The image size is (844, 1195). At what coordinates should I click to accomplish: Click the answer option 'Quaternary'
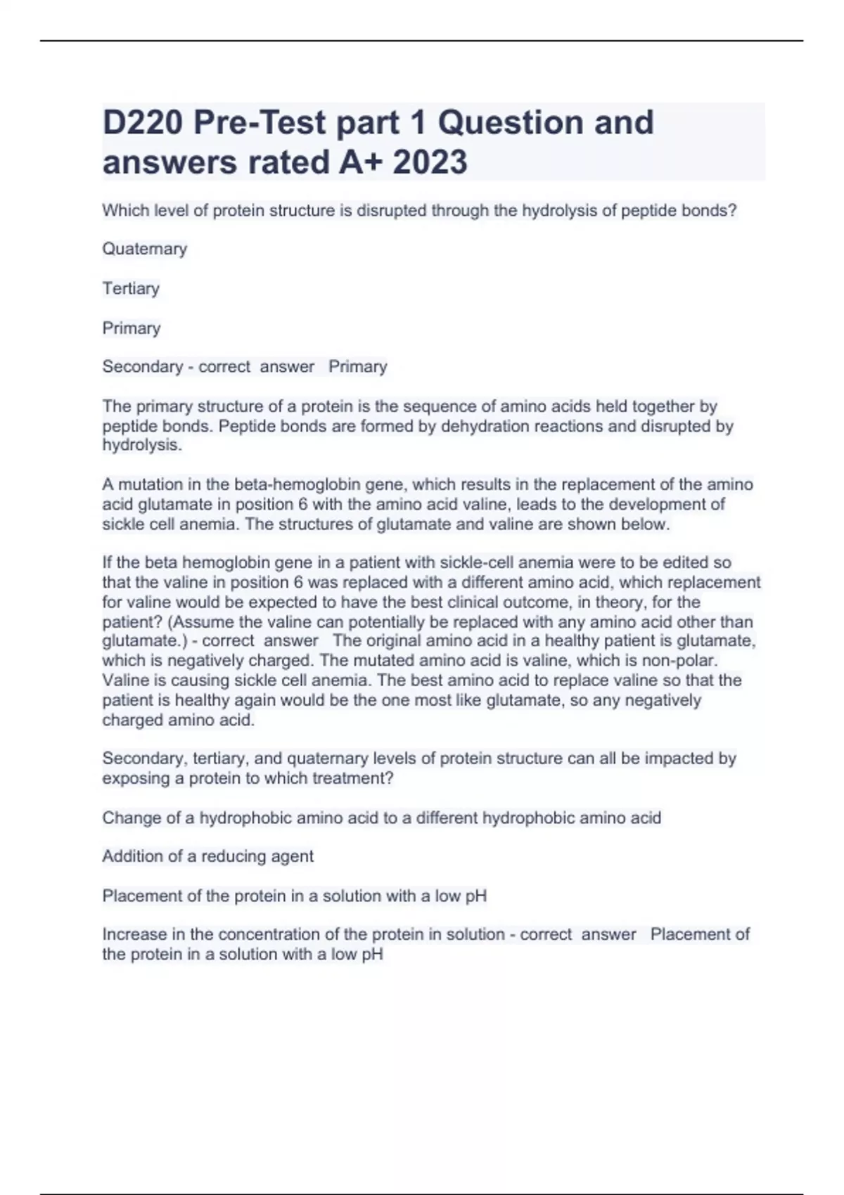pyautogui.click(x=145, y=249)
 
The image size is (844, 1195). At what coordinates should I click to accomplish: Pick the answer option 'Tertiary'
pyautogui.click(x=131, y=288)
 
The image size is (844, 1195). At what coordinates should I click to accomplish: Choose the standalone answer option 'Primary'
pyautogui.click(x=132, y=328)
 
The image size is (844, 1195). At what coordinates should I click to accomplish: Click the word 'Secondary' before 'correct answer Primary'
pyautogui.click(x=142, y=367)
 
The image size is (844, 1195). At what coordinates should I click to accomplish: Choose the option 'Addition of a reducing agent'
pyautogui.click(x=208, y=856)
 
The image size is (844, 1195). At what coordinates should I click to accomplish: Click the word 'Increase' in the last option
pyautogui.click(x=132, y=934)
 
